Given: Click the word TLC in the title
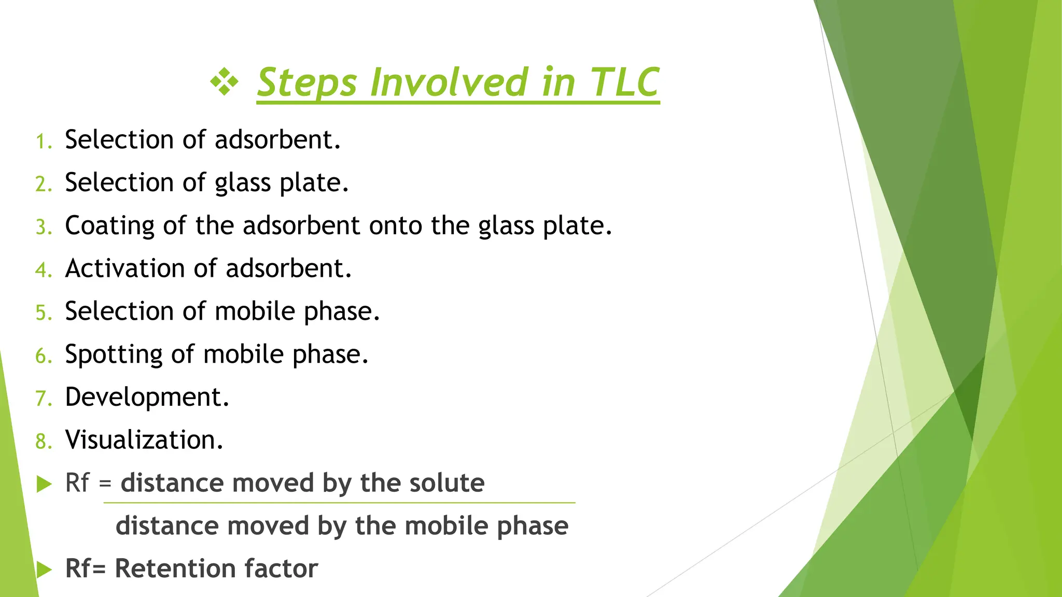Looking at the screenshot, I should tap(624, 82).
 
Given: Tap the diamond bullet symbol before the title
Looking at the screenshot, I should tap(224, 82).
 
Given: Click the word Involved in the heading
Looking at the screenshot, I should tap(449, 82).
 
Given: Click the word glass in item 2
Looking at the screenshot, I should tap(243, 183).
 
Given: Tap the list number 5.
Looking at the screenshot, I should tap(43, 313).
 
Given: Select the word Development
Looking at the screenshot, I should tap(146, 397).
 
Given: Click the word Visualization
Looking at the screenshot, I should tap(144, 440).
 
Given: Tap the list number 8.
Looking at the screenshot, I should tap(43, 442).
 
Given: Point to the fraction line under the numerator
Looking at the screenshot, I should tap(339, 503).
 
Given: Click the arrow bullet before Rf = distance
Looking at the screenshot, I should tap(45, 485).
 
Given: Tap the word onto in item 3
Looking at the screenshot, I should tap(396, 226).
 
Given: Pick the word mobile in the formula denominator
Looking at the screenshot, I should tap(446, 526).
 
